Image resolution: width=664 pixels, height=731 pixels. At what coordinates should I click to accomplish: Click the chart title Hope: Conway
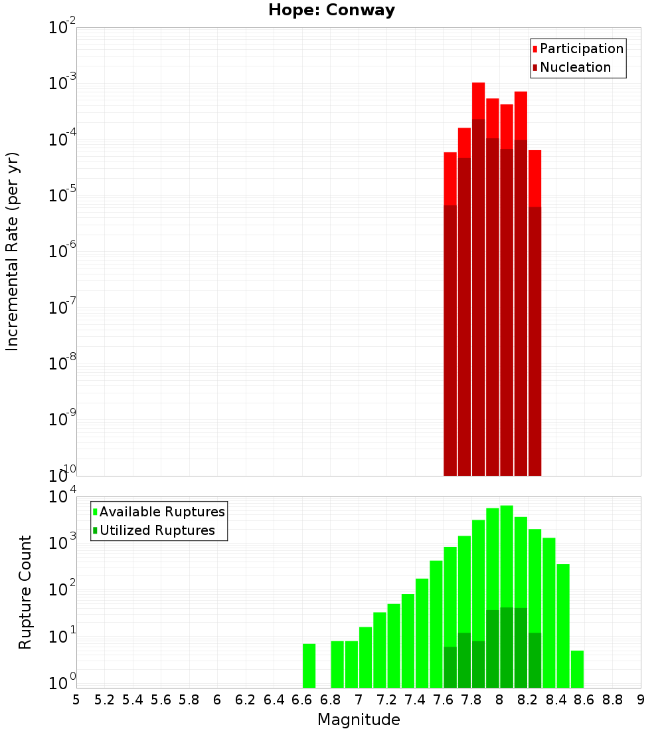coord(331,11)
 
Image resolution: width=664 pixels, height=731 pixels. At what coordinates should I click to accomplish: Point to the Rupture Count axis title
coord(25,592)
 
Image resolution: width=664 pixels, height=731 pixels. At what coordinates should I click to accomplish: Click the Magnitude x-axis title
coord(359,720)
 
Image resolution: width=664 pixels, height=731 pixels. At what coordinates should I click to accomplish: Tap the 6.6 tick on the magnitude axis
coord(302,700)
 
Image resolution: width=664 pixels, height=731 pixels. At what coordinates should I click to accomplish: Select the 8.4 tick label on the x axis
coord(556,700)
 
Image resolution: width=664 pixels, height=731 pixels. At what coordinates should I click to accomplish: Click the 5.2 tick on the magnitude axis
coord(104,700)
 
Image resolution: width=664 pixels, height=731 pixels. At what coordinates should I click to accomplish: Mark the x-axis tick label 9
coord(641,700)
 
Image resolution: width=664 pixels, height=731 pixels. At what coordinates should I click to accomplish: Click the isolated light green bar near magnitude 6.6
coord(309,665)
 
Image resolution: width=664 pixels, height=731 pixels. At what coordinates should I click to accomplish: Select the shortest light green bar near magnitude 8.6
coord(577,669)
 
